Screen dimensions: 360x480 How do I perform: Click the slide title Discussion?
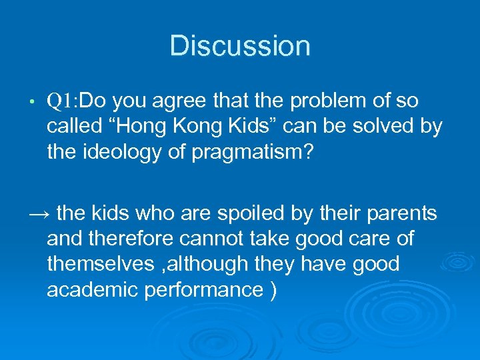(240, 46)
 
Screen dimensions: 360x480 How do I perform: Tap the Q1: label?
(63, 101)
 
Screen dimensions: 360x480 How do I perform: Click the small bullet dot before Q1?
(32, 101)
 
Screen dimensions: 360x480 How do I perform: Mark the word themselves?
(100, 264)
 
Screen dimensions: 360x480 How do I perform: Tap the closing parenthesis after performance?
(273, 290)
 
